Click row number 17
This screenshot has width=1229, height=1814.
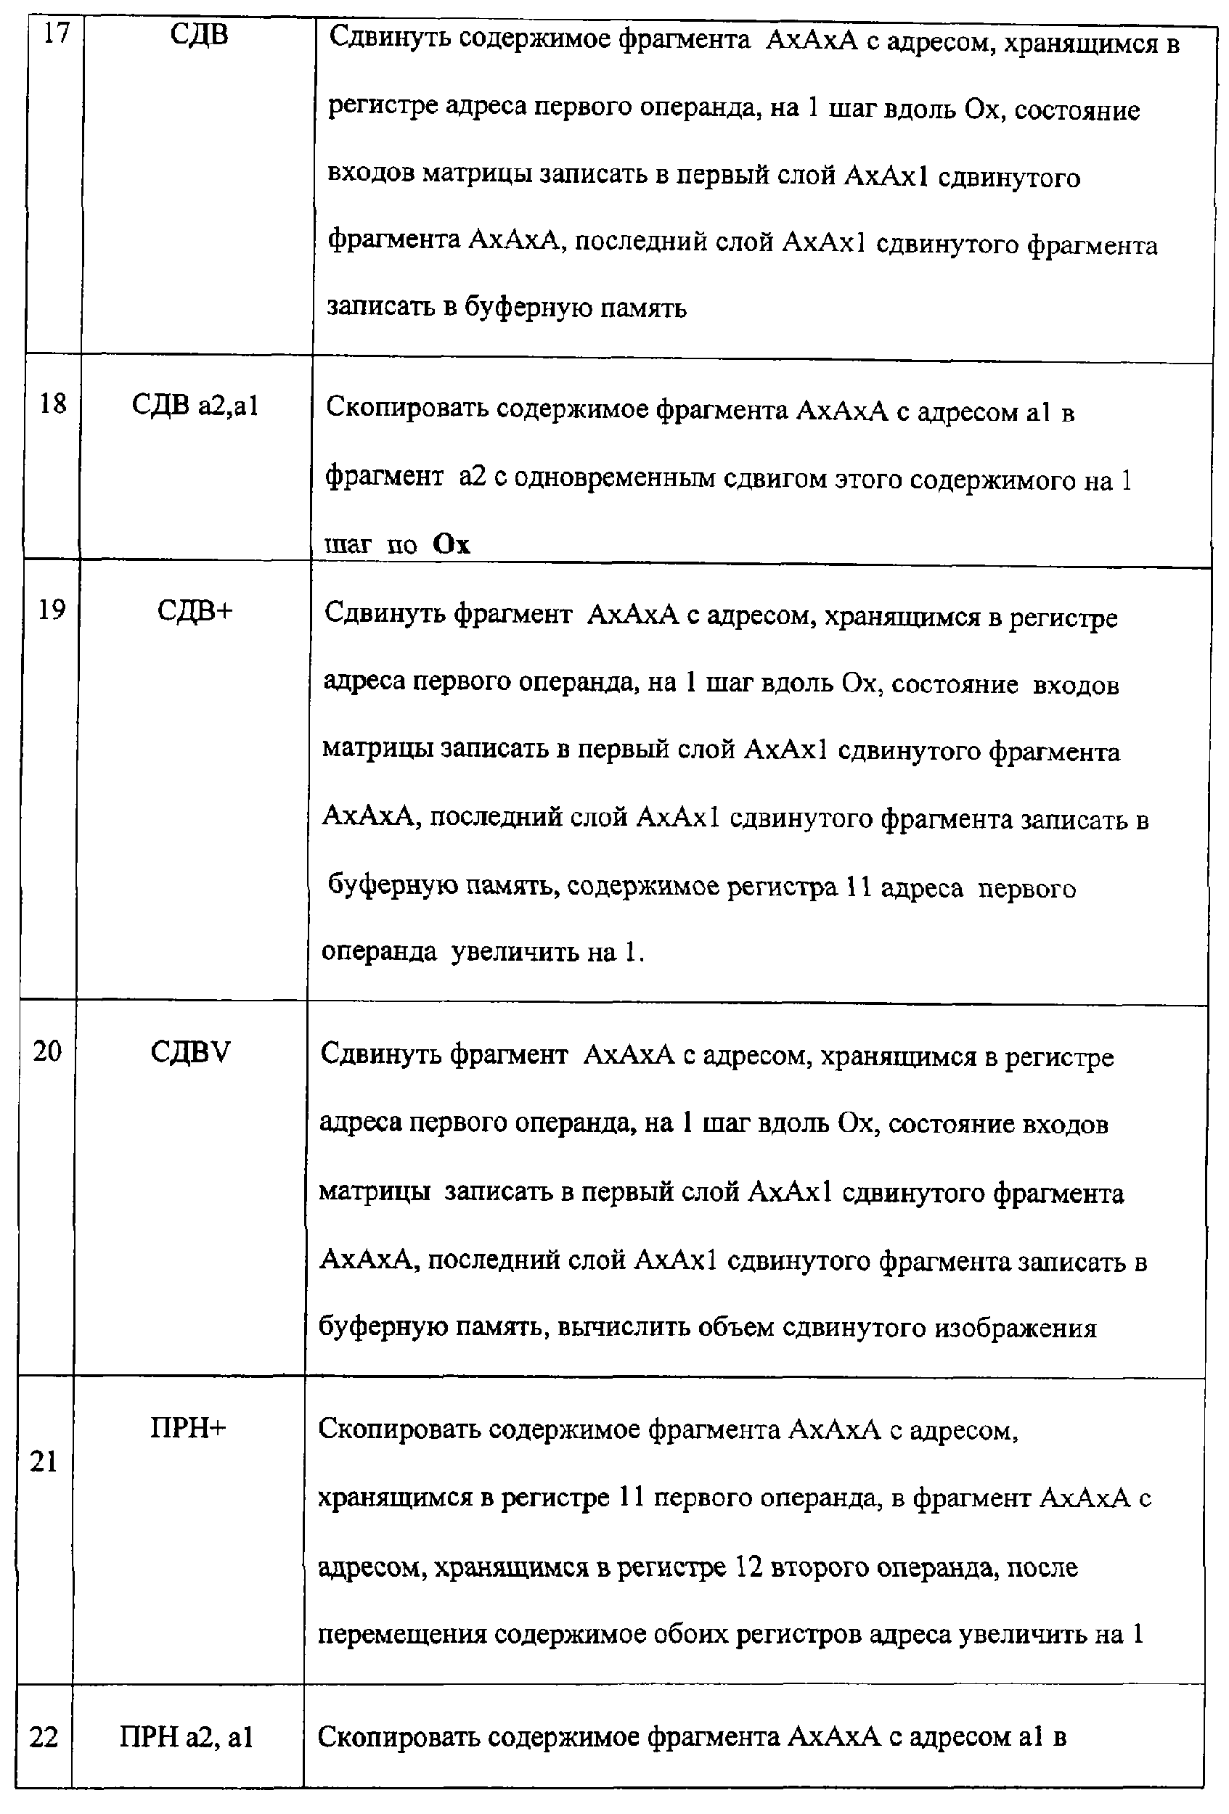point(56,33)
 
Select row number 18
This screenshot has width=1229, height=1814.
point(53,403)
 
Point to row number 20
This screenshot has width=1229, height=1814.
point(47,1051)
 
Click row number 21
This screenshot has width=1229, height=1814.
point(44,1462)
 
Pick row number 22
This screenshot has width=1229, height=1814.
point(44,1738)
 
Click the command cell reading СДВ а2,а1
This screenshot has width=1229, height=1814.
point(195,405)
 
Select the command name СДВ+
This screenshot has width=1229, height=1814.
point(195,610)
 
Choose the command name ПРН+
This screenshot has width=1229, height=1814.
point(188,1428)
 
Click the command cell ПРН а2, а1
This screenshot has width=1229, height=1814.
point(187,1738)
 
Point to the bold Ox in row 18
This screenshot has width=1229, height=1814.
point(452,544)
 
